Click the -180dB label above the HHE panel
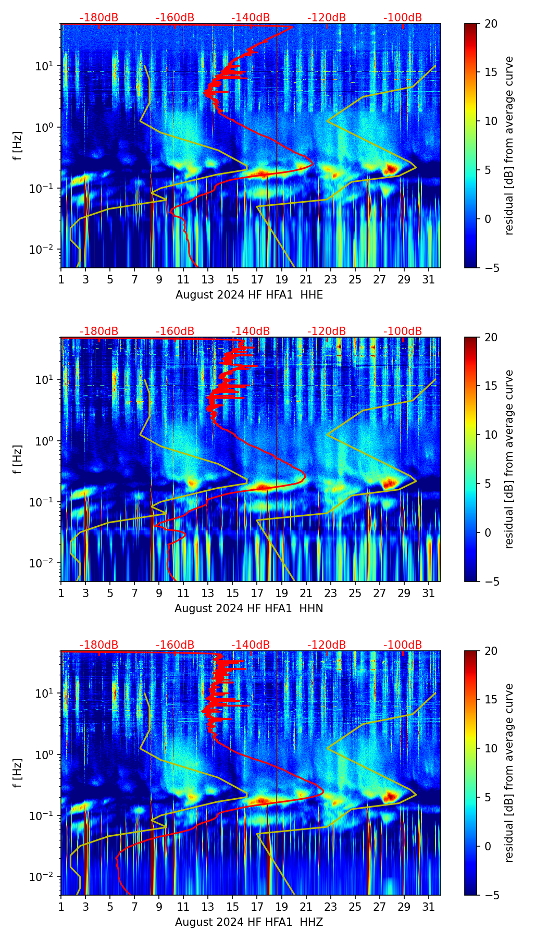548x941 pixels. (99, 18)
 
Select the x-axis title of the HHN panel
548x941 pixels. (248, 608)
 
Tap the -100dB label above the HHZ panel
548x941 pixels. (403, 645)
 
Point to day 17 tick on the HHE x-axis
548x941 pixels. (257, 279)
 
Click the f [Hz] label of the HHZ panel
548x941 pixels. (18, 773)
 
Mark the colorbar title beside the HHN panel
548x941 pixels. (509, 459)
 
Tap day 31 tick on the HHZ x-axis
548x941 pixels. (429, 907)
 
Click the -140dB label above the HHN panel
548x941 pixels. (251, 331)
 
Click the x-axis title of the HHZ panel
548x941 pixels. (248, 922)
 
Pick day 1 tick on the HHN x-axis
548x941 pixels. (61, 593)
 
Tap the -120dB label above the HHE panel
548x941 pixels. (327, 18)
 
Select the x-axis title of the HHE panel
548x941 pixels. (248, 294)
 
